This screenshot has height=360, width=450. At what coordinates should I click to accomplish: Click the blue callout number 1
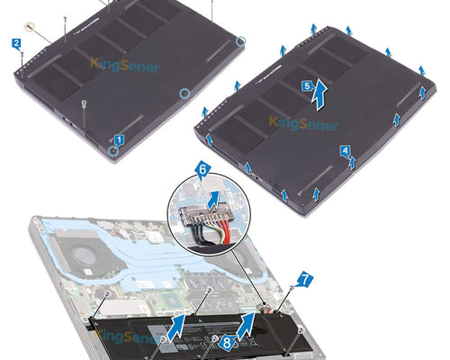tap(119, 139)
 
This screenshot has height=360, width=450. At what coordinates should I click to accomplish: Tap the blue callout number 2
tap(16, 44)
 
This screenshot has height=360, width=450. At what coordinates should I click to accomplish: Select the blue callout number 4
tap(345, 150)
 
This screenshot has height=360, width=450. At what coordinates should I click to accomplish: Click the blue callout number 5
tap(307, 86)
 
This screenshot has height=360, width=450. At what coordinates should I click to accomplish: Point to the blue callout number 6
tap(202, 170)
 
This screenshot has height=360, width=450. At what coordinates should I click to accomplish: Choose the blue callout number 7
tap(304, 281)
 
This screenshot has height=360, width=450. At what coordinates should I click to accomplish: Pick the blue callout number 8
tap(227, 342)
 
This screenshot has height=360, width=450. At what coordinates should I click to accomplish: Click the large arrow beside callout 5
tap(319, 95)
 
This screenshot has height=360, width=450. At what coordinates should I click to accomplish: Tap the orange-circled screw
tap(30, 27)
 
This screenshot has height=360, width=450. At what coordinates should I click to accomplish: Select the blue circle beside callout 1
tap(113, 150)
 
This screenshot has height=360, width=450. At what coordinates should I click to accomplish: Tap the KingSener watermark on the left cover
tap(124, 65)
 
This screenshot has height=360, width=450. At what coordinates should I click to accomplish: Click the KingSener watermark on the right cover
tap(303, 123)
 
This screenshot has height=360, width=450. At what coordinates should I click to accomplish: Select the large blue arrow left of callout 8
tap(177, 327)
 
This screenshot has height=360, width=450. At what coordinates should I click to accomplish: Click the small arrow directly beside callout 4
tap(352, 163)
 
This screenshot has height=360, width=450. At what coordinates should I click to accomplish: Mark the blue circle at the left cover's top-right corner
tap(240, 41)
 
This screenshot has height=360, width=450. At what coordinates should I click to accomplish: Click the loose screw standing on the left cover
tap(85, 103)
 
